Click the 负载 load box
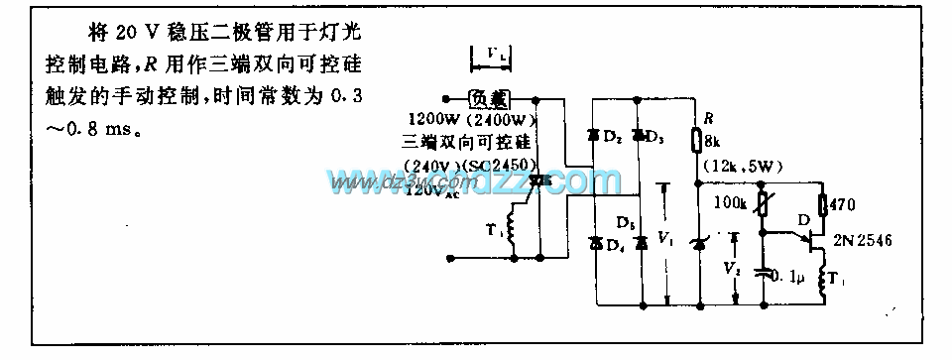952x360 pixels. [488, 99]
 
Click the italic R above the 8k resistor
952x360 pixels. [706, 117]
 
